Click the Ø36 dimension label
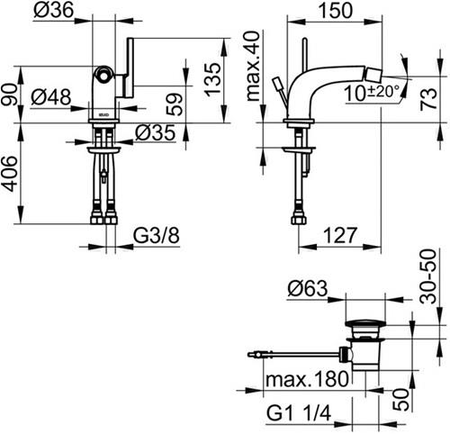point(53,10)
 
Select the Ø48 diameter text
point(51,97)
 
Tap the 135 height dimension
point(212,79)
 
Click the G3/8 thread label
point(157,236)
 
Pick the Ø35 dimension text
point(155,132)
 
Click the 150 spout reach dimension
point(335,10)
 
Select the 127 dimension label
point(340,235)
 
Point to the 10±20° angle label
point(372,93)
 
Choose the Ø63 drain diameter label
point(308,289)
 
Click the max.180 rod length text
point(307,379)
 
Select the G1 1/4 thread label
point(299,413)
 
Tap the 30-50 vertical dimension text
point(427,276)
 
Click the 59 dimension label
point(175,104)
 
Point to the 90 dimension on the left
point(8,95)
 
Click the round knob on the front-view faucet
point(103,76)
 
